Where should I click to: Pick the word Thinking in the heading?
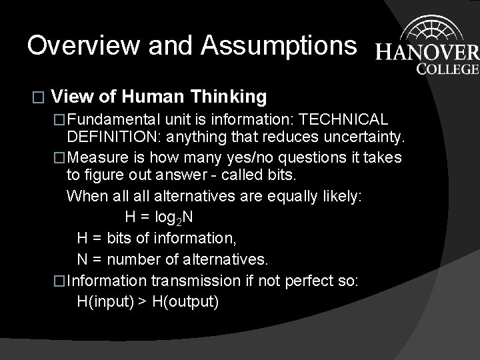tap(229, 97)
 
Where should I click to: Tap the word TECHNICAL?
tap(344, 120)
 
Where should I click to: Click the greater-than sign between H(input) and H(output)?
tap(143, 301)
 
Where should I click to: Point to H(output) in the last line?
tap(185, 301)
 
